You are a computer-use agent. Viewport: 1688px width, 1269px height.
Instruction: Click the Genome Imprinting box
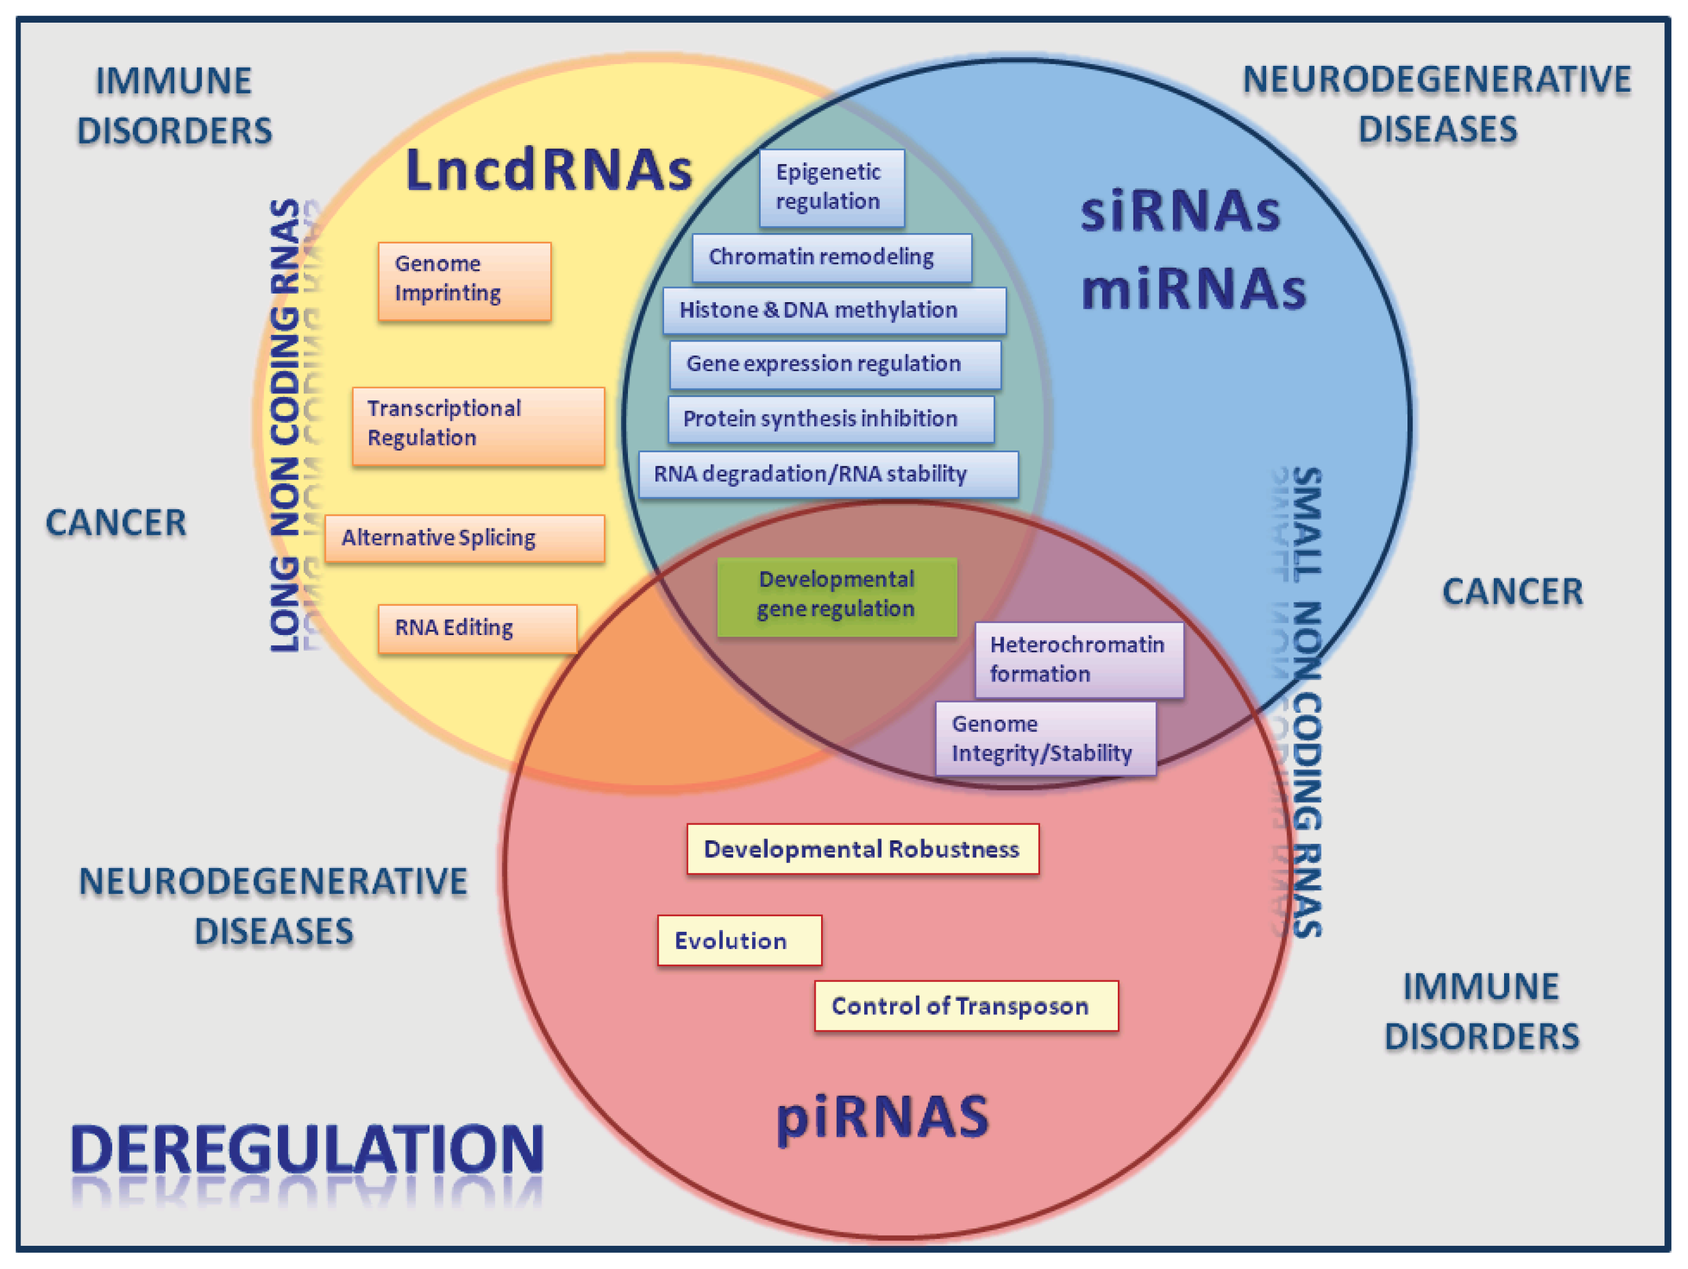(464, 281)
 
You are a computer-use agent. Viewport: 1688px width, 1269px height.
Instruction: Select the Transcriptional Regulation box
(478, 426)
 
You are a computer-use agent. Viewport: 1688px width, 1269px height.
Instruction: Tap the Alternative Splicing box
(464, 538)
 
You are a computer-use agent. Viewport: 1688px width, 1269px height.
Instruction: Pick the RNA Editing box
(477, 628)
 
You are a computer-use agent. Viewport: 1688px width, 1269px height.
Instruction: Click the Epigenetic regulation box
(831, 188)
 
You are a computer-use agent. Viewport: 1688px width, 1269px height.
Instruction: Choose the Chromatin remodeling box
(831, 258)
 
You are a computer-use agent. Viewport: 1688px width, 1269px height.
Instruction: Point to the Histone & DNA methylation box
(833, 311)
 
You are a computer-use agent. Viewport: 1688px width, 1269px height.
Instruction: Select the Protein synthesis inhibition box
(830, 419)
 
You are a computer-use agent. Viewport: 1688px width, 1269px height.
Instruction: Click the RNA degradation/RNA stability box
(827, 474)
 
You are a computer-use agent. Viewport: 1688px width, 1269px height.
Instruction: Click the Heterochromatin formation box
(1078, 659)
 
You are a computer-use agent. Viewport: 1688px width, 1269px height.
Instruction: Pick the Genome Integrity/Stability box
(1045, 739)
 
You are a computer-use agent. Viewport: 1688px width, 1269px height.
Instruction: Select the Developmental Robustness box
(862, 849)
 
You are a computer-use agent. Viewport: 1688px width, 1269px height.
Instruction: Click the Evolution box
(739, 940)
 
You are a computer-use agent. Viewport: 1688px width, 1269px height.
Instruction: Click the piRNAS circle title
(881, 1117)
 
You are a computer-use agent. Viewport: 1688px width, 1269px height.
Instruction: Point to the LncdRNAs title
(549, 169)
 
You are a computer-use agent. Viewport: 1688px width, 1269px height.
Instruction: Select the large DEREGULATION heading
(307, 1149)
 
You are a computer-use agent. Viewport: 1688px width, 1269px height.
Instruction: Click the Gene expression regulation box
(835, 365)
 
